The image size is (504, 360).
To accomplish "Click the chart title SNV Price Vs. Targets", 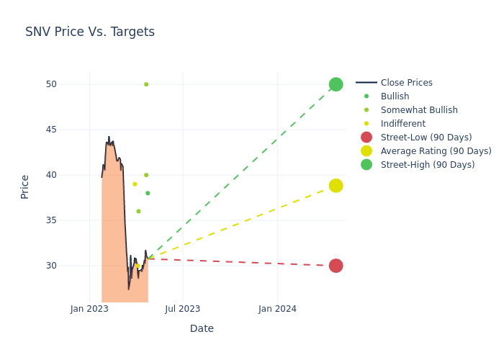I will click(x=90, y=32).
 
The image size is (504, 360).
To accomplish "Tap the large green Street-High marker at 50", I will click(x=336, y=84).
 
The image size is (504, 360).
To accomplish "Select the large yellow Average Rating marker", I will click(x=336, y=186).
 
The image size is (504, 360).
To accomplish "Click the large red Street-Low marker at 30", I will click(x=336, y=266).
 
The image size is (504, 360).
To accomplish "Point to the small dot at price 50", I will click(x=146, y=84).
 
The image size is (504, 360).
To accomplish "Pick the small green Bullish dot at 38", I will click(x=148, y=193).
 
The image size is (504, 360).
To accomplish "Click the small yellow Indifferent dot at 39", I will click(x=135, y=184).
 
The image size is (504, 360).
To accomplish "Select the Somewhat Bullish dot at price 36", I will click(x=138, y=211).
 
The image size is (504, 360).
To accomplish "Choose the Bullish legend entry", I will click(x=395, y=96).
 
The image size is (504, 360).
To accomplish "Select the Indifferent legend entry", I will click(x=403, y=124).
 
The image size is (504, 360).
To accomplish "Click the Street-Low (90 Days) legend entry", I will click(x=426, y=138).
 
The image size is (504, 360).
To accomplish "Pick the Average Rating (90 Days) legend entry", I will click(x=436, y=151).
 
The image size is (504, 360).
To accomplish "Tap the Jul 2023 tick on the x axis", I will click(x=183, y=309).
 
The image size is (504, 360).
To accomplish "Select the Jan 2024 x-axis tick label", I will click(x=277, y=309).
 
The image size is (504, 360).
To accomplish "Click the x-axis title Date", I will click(x=202, y=328).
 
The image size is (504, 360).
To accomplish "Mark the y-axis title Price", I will click(x=25, y=186).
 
